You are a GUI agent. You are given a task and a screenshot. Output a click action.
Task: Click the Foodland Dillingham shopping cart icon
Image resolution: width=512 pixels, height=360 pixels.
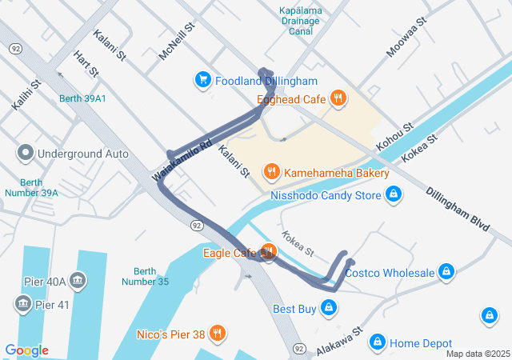tap(202, 80)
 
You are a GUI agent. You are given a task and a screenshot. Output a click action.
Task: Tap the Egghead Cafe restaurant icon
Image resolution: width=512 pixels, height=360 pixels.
tap(339, 99)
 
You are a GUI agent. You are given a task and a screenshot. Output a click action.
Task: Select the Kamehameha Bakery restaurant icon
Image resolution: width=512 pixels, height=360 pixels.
tap(272, 171)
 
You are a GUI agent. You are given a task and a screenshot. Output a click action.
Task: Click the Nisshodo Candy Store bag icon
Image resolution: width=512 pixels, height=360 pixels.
tap(393, 194)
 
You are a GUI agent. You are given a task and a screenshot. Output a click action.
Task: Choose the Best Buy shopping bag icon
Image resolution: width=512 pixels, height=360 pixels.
tap(328, 307)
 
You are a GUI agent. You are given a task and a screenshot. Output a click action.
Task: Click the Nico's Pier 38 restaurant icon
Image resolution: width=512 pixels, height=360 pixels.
tap(217, 333)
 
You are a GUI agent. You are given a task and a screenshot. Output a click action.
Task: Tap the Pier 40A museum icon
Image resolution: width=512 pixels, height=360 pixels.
tap(78, 281)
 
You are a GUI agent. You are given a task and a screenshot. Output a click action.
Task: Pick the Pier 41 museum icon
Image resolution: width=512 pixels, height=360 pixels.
tap(22, 304)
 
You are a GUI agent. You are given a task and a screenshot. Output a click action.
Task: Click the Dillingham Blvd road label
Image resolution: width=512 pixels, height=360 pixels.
tap(457, 210)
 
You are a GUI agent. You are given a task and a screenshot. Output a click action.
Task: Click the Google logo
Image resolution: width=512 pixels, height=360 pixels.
tap(26, 350)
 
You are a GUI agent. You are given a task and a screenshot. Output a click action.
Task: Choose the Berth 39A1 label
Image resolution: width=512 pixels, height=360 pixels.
tap(82, 98)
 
